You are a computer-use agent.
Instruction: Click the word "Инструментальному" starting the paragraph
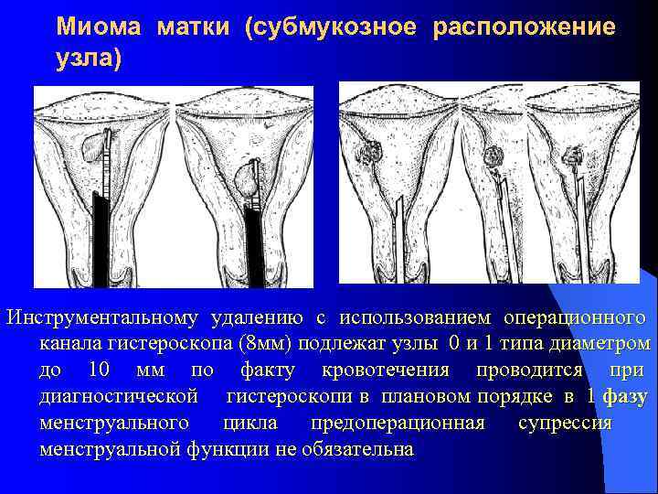coord(102,317)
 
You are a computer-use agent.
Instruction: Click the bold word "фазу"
coord(627,397)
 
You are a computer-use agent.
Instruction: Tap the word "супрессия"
coord(565,424)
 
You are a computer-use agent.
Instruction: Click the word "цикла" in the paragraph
coord(249,424)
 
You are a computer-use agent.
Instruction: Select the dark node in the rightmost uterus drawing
coord(575,156)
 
